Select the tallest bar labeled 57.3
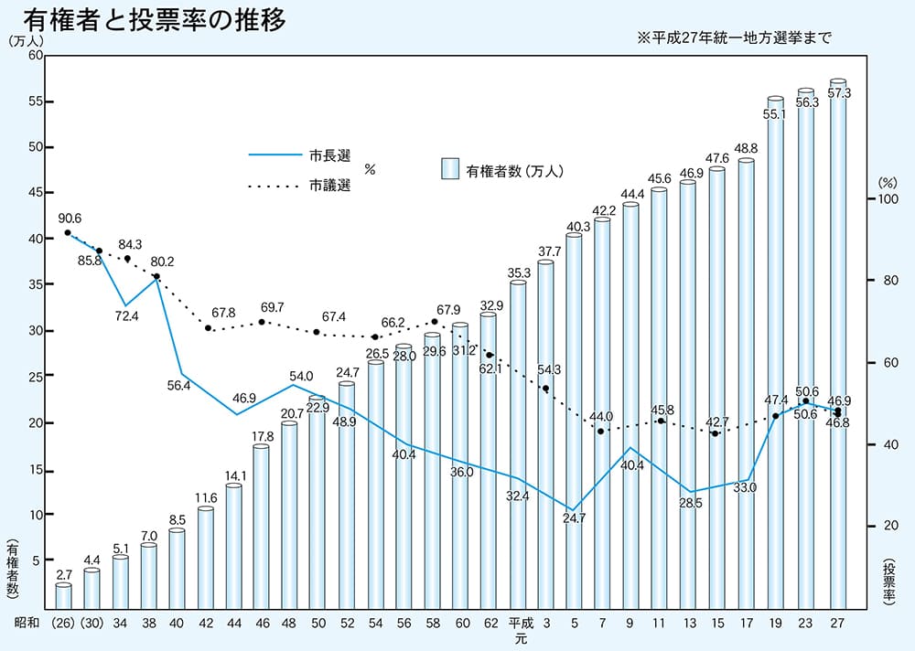[x=837, y=347]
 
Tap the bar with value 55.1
[x=776, y=357]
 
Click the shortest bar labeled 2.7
[x=63, y=595]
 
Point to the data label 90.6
[x=70, y=219]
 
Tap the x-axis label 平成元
[x=520, y=632]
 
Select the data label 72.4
[x=127, y=316]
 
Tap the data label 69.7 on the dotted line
[x=273, y=306]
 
